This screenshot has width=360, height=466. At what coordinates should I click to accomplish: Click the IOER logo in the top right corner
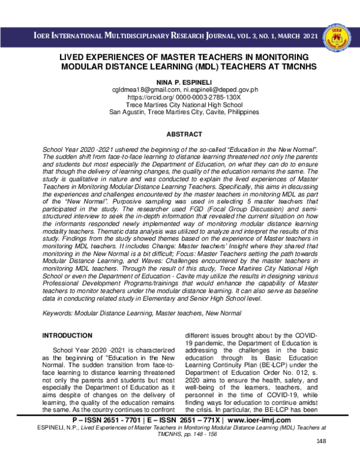[x=337, y=37]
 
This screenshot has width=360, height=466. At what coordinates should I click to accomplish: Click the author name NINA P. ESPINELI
[x=180, y=80]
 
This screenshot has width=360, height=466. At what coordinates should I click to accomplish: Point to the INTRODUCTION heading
[x=66, y=335]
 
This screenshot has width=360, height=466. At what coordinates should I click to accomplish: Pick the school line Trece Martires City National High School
[x=180, y=104]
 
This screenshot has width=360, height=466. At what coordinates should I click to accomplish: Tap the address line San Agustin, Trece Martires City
[x=180, y=112]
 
